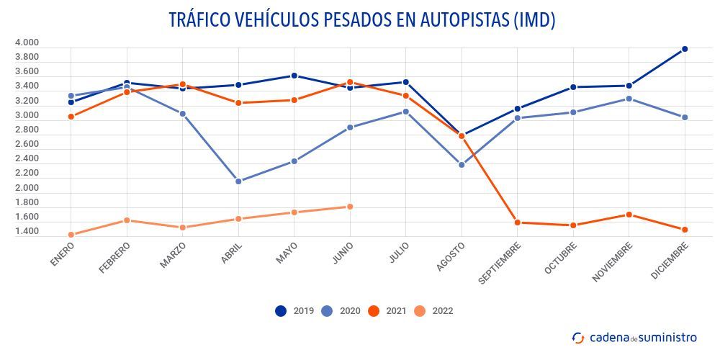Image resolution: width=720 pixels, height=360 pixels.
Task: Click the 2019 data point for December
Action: (685, 49)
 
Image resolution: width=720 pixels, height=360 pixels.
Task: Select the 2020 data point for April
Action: (238, 181)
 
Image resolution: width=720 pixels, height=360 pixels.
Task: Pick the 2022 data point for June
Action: (350, 207)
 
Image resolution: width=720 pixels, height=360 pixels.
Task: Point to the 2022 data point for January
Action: (71, 235)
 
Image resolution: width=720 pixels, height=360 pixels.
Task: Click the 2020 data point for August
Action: (462, 165)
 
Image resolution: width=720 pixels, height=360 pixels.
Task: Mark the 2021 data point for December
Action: (685, 230)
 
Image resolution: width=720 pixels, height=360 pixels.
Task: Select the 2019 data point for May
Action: (294, 76)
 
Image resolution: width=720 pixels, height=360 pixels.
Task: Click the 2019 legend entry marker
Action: (281, 311)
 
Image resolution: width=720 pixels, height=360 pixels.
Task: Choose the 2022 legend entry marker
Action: (420, 311)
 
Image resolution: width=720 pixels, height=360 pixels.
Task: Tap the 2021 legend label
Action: (396, 311)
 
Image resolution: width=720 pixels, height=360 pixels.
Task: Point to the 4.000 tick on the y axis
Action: (27, 42)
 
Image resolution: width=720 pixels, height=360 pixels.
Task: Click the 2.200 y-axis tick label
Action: (27, 174)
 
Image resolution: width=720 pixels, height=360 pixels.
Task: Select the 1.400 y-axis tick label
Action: (27, 232)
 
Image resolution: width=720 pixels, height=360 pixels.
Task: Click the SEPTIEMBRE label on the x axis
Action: (499, 264)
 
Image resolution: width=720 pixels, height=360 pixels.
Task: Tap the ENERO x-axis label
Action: (63, 254)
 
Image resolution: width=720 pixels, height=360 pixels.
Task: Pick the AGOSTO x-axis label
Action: (451, 256)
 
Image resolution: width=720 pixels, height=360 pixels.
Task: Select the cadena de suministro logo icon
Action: (578, 337)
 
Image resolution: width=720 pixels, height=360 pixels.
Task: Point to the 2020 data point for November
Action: (629, 99)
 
